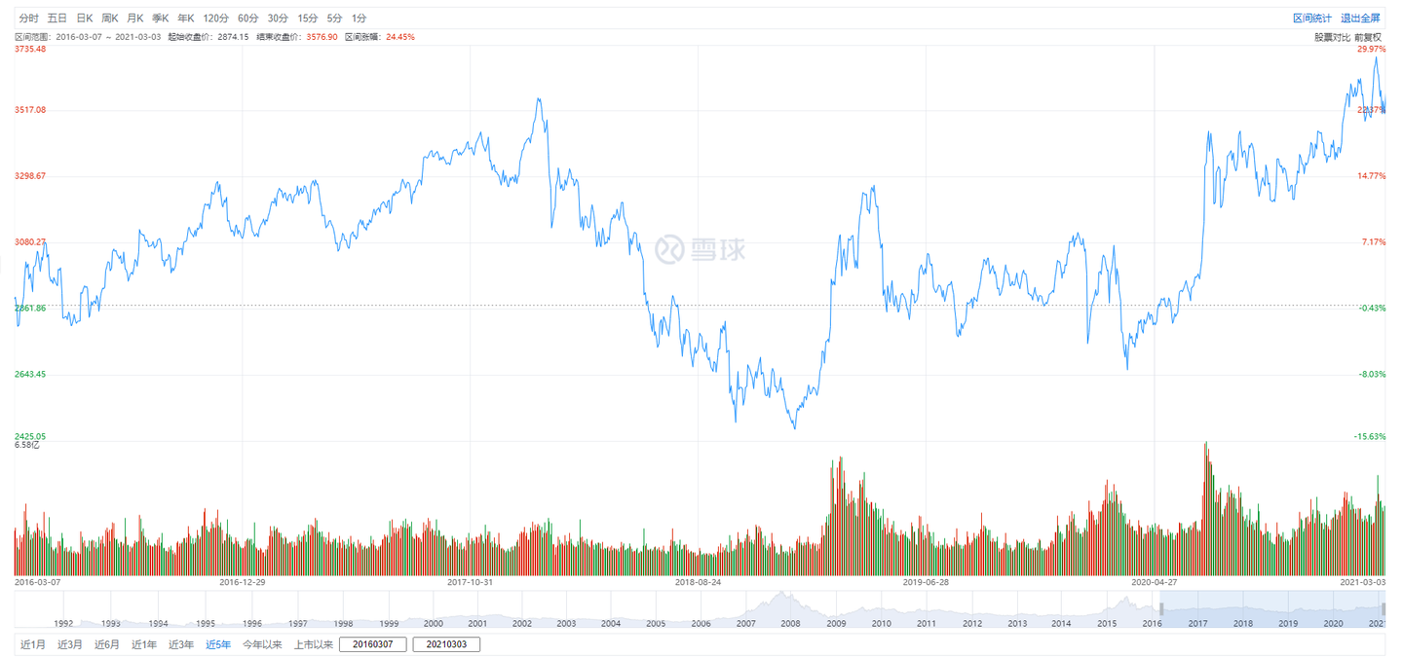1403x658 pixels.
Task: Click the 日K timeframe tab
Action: (84, 18)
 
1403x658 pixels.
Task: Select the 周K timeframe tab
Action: (109, 18)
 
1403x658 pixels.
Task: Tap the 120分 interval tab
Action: (214, 18)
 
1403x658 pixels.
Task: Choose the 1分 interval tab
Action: (360, 18)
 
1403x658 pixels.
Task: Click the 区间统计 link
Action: (1311, 18)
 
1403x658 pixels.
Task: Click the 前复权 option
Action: (1368, 37)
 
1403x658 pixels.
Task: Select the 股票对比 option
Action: (1332, 37)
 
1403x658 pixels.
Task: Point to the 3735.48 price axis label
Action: (30, 50)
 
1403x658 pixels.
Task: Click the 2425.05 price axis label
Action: (30, 437)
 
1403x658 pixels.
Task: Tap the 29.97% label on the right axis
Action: (1371, 50)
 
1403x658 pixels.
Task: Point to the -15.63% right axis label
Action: (1369, 437)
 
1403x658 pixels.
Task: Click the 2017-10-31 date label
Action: (471, 582)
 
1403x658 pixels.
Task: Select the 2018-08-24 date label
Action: (698, 582)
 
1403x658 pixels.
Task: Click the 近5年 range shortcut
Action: (218, 644)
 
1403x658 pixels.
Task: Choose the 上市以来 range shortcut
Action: (314, 644)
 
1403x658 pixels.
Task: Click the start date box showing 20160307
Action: (373, 644)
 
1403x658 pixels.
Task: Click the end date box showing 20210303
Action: (446, 644)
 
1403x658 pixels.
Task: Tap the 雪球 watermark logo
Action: (700, 249)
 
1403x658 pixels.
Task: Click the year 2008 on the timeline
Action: (790, 624)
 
